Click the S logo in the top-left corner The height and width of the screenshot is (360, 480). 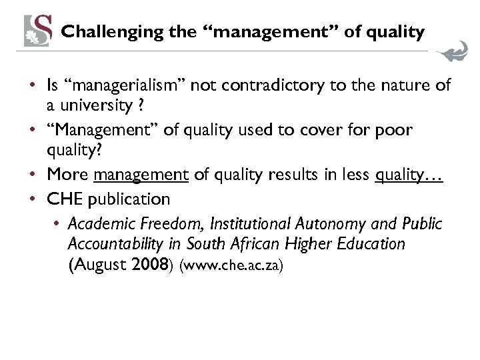pos(38,30)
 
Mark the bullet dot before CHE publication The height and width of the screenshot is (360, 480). pos(33,199)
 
